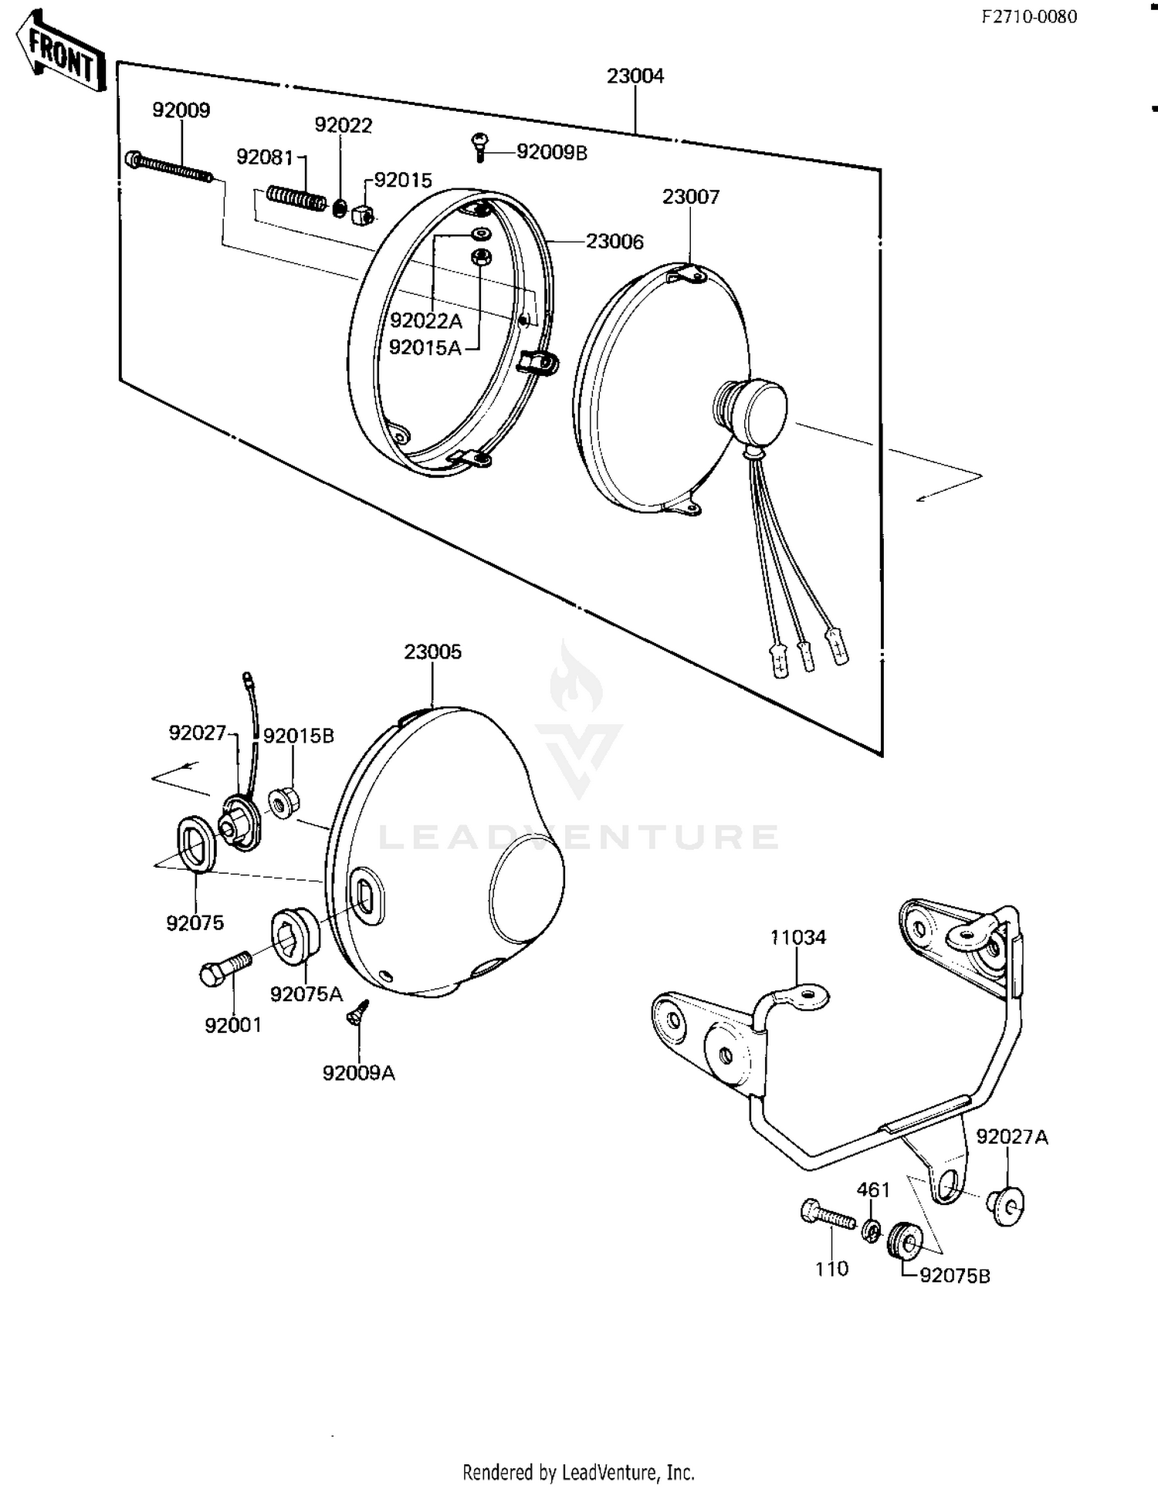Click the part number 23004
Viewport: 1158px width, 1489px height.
(x=635, y=76)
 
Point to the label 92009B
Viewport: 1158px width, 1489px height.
(x=551, y=153)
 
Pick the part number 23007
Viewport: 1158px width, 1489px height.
(x=690, y=197)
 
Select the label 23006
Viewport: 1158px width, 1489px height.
(x=615, y=242)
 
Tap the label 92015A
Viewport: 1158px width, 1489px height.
(x=425, y=348)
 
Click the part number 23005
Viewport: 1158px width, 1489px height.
(x=432, y=651)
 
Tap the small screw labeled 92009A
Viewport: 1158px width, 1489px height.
(x=359, y=1014)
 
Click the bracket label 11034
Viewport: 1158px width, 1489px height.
(x=797, y=937)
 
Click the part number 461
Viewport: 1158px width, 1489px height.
(x=873, y=1190)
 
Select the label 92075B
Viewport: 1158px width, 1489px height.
(x=955, y=1276)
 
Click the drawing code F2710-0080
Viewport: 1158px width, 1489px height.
(x=1029, y=17)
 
